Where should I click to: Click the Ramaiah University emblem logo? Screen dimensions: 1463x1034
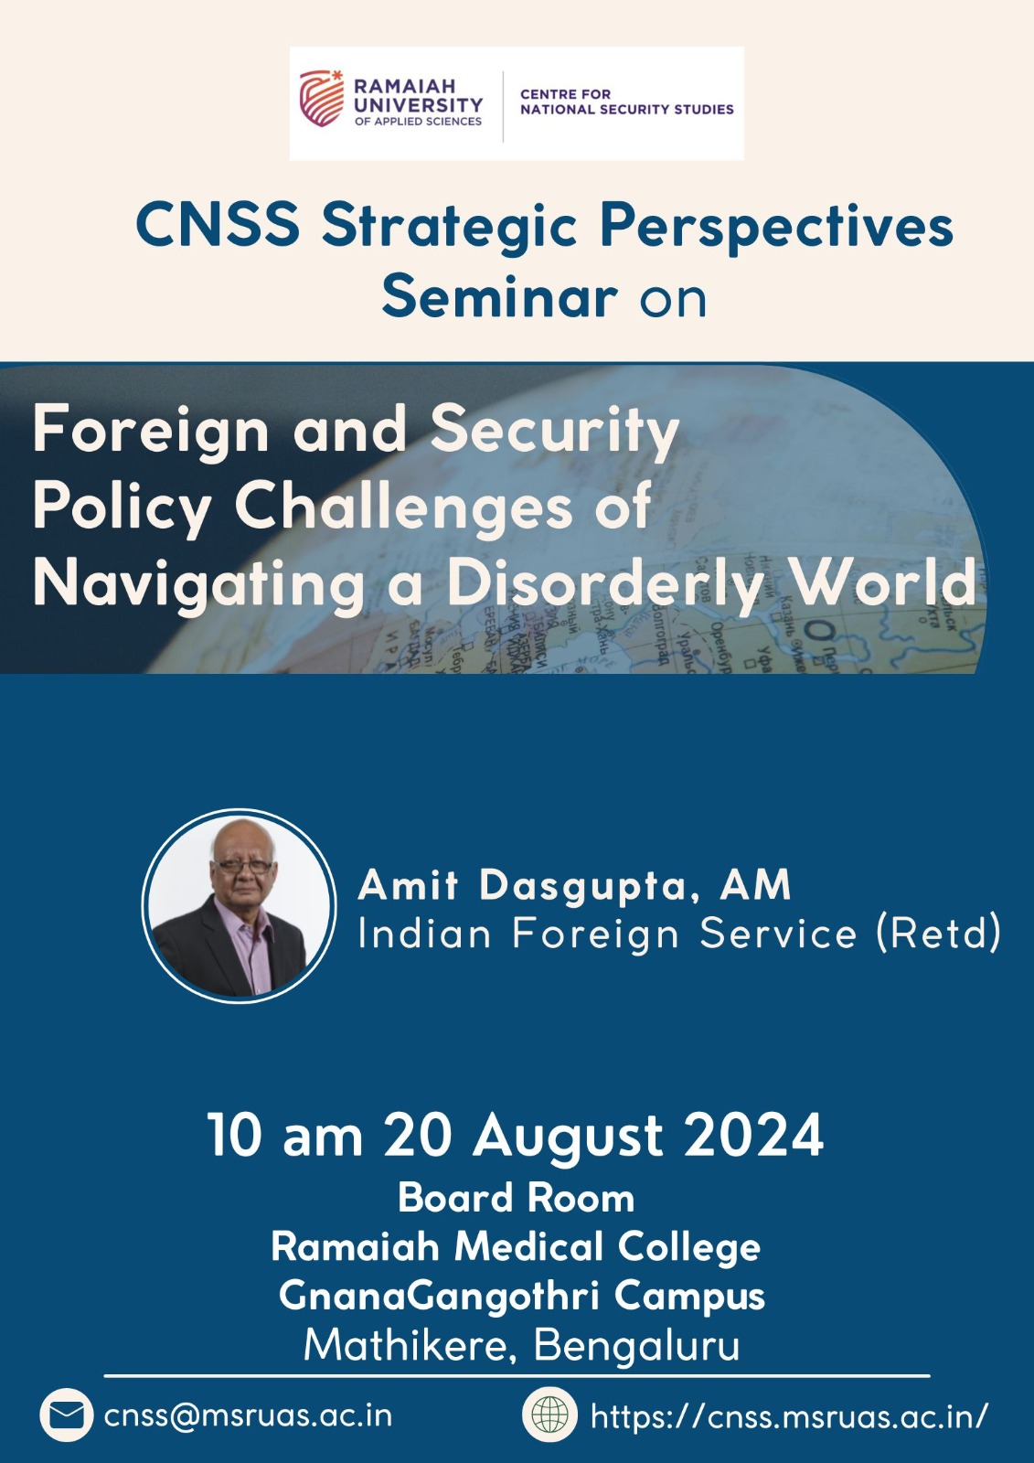(x=322, y=99)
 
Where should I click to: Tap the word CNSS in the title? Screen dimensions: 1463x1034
(x=218, y=225)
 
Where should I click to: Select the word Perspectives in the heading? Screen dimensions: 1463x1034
(x=776, y=227)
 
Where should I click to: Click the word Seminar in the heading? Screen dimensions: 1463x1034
(x=499, y=297)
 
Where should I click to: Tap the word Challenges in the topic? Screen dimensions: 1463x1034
(x=403, y=507)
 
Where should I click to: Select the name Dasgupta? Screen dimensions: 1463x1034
(x=582, y=885)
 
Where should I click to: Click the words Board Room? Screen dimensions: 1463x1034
(x=516, y=1198)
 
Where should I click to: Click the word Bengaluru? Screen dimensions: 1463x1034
(x=636, y=1345)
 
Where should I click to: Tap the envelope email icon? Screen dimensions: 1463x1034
(x=66, y=1415)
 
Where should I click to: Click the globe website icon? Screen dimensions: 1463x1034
(x=549, y=1415)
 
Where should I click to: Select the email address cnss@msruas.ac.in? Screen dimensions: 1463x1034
(x=248, y=1415)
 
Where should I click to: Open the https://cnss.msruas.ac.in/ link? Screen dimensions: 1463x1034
(x=789, y=1416)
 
